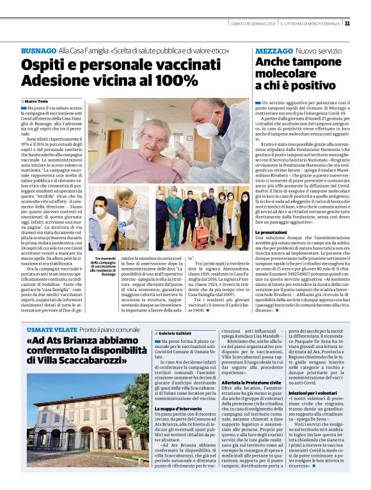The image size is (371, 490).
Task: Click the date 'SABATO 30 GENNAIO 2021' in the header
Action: [255, 24]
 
